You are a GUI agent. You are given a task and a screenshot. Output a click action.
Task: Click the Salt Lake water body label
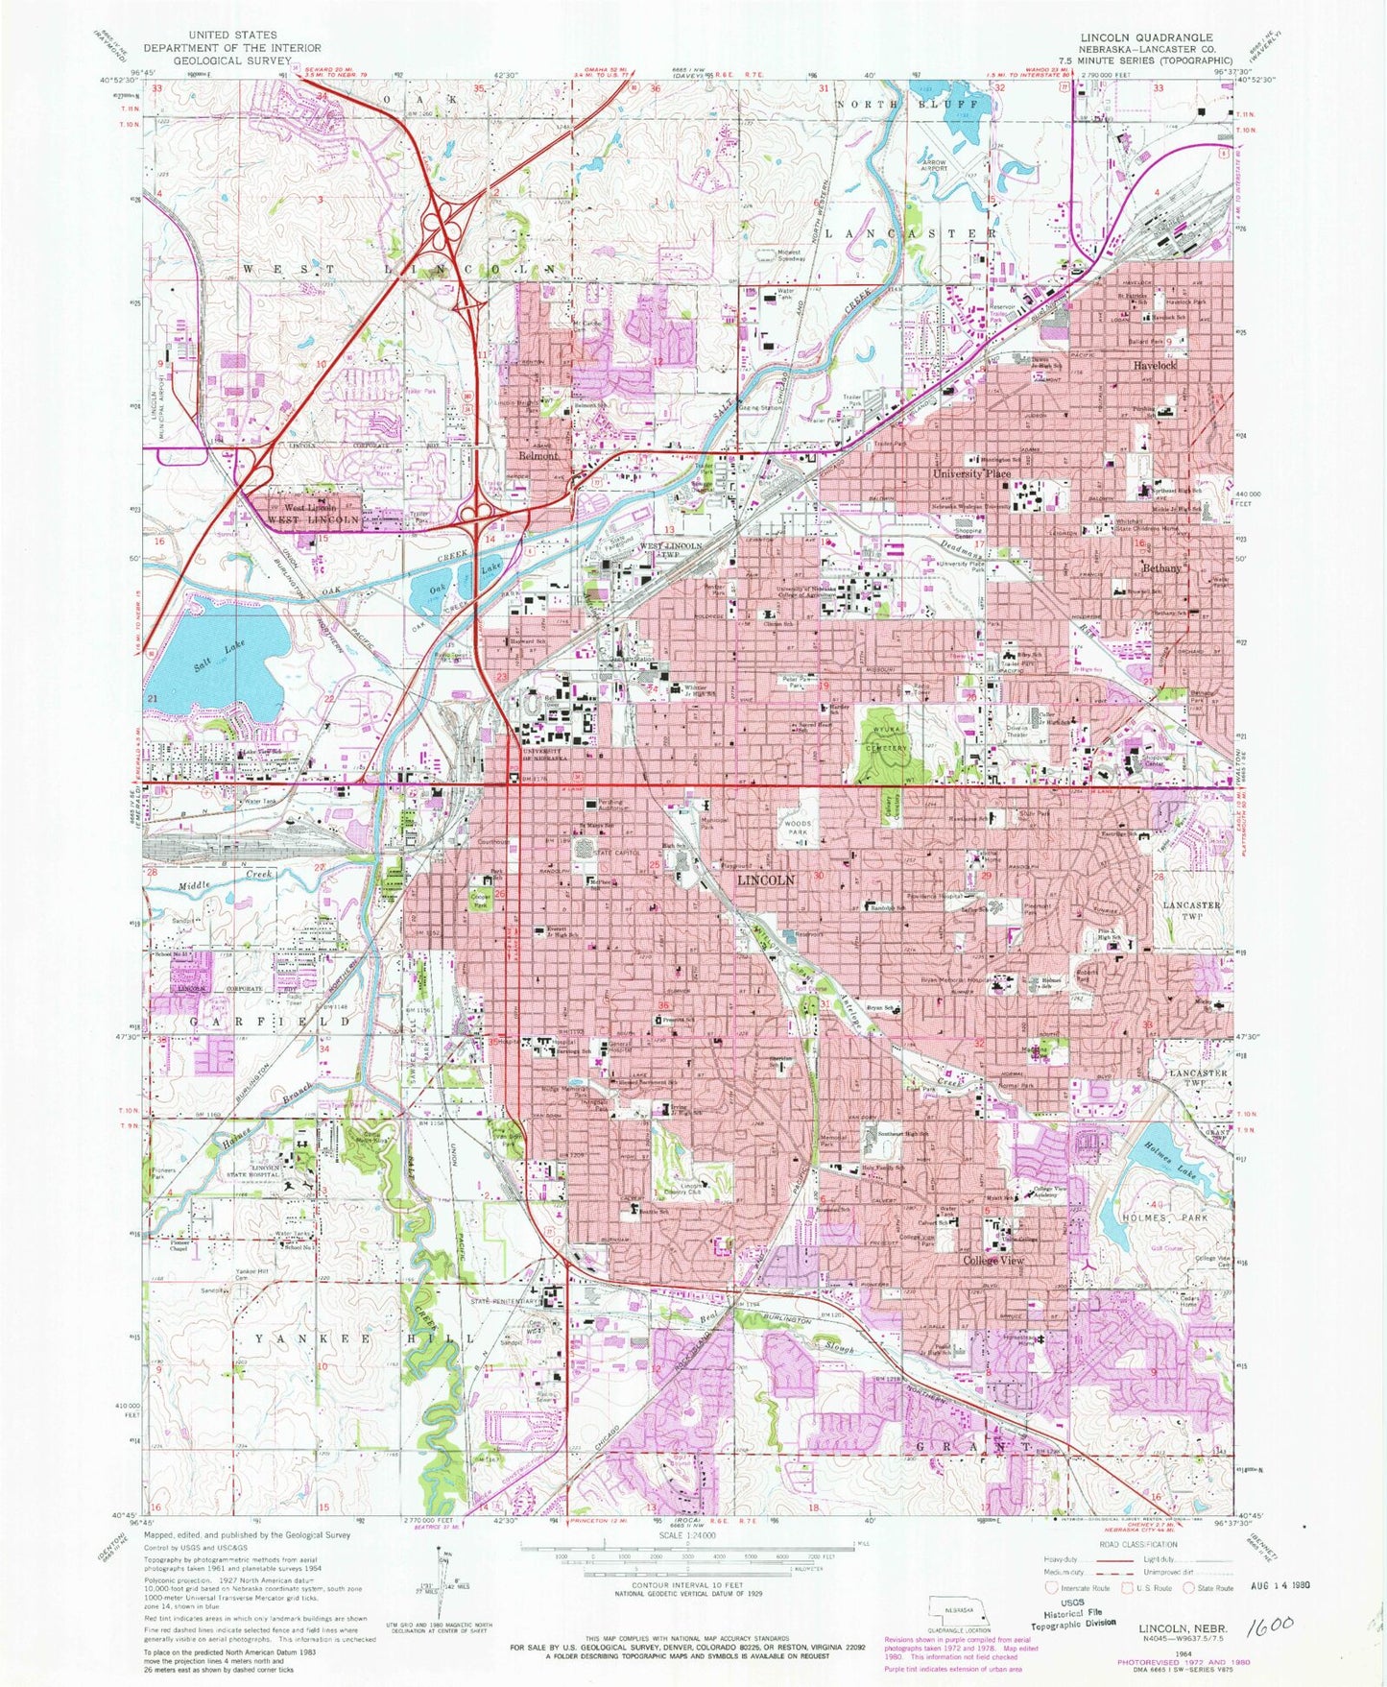[212, 656]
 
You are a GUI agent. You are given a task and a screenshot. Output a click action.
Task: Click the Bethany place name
[1161, 568]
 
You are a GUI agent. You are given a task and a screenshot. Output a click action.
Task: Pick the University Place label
[971, 474]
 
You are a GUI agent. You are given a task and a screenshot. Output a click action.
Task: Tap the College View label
[993, 1260]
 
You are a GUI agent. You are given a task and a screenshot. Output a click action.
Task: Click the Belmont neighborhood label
[538, 456]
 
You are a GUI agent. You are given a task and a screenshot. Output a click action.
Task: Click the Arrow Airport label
[935, 167]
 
